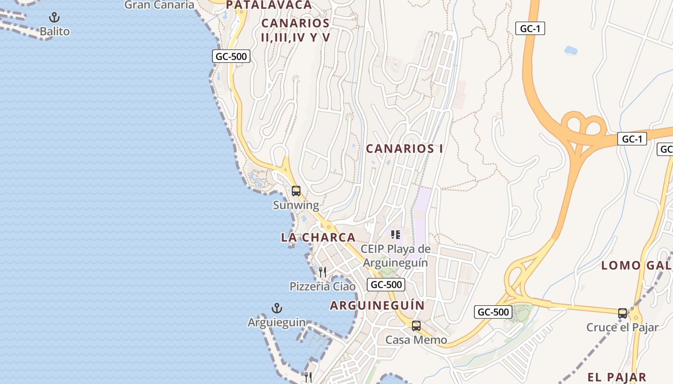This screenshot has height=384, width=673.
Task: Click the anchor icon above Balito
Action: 55,18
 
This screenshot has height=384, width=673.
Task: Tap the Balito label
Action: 55,32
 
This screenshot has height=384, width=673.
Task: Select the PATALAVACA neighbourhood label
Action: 269,5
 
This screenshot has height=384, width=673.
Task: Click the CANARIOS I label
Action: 404,149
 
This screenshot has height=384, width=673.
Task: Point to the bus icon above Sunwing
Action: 296,191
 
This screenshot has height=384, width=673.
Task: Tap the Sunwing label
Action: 296,205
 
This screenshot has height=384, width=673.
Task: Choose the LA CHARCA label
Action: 318,238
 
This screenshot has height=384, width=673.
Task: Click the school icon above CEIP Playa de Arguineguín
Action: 395,235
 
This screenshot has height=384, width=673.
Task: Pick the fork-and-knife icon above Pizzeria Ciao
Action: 323,272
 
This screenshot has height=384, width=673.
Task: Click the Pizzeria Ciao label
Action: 323,287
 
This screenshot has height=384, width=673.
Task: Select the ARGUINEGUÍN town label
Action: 377,306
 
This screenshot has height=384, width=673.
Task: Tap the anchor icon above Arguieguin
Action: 277,308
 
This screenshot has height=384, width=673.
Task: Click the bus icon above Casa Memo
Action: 416,326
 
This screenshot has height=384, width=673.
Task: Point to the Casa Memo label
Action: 416,340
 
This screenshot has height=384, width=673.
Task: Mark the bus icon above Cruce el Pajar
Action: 623,313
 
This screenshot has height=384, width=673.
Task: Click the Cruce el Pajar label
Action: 623,328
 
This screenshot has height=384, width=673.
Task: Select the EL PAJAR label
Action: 617,377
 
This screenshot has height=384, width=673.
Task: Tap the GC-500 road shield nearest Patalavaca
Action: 231,56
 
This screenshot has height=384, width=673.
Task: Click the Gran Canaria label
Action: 159,5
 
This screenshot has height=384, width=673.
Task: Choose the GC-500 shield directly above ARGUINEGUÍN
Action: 386,285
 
